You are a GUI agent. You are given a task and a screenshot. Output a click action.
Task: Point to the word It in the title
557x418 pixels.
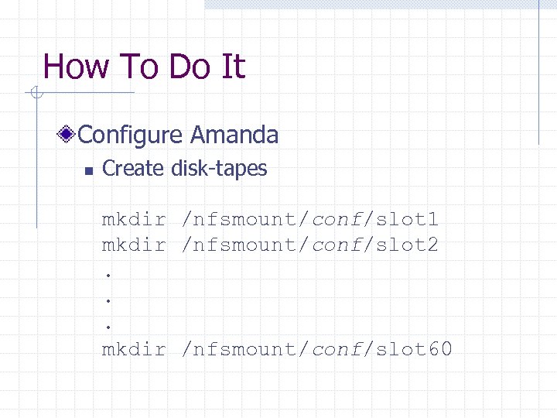click(x=233, y=67)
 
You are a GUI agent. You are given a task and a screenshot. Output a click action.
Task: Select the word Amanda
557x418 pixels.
click(x=234, y=135)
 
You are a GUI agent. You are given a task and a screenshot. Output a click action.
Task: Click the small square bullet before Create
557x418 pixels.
click(x=89, y=170)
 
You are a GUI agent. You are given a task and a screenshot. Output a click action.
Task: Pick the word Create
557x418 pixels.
click(x=133, y=169)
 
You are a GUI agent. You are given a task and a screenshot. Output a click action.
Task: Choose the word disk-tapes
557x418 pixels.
click(x=219, y=169)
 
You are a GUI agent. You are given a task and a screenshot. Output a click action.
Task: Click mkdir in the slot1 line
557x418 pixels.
click(x=134, y=220)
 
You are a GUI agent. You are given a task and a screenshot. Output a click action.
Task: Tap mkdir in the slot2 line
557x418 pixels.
click(x=134, y=245)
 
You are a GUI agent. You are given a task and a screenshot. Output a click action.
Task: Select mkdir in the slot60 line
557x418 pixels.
click(x=134, y=349)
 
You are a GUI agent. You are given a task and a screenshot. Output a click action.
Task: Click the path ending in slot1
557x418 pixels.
click(x=310, y=220)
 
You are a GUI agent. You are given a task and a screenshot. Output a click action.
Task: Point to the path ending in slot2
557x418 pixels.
click(x=310, y=245)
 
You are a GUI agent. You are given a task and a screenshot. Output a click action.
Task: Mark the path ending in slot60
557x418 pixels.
click(x=317, y=349)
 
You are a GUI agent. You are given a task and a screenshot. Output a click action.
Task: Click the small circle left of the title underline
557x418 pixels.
click(x=34, y=94)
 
